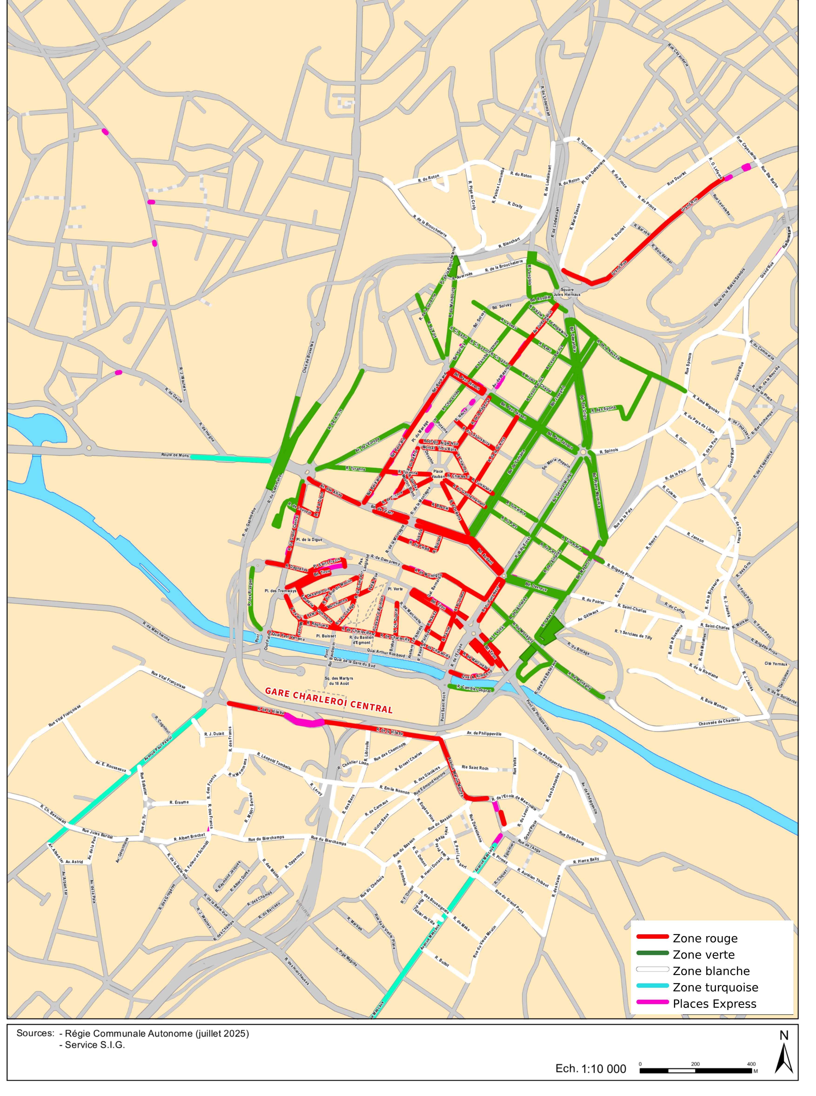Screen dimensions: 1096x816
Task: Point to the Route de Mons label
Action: pos(175,455)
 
